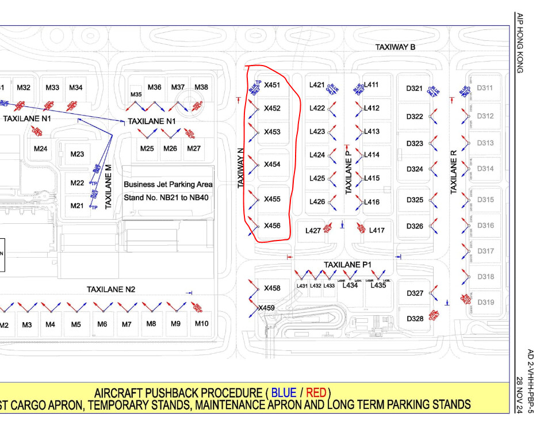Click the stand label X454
coord(272,165)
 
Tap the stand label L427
coord(313,231)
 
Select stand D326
coord(415,226)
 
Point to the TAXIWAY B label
coord(395,47)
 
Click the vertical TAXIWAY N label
coord(242,169)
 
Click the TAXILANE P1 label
coord(348,265)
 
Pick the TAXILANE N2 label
coord(111,289)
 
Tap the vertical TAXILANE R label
coord(454,171)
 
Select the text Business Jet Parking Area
coord(168,185)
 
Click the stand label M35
coord(136,94)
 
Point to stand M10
coord(201,323)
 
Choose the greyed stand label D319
coord(485,302)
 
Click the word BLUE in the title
coord(284,393)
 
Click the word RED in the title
coord(316,393)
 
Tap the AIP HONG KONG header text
coord(519,43)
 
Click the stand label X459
coord(266,308)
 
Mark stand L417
coord(377,230)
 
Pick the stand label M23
coord(77,154)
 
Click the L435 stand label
coord(378,285)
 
